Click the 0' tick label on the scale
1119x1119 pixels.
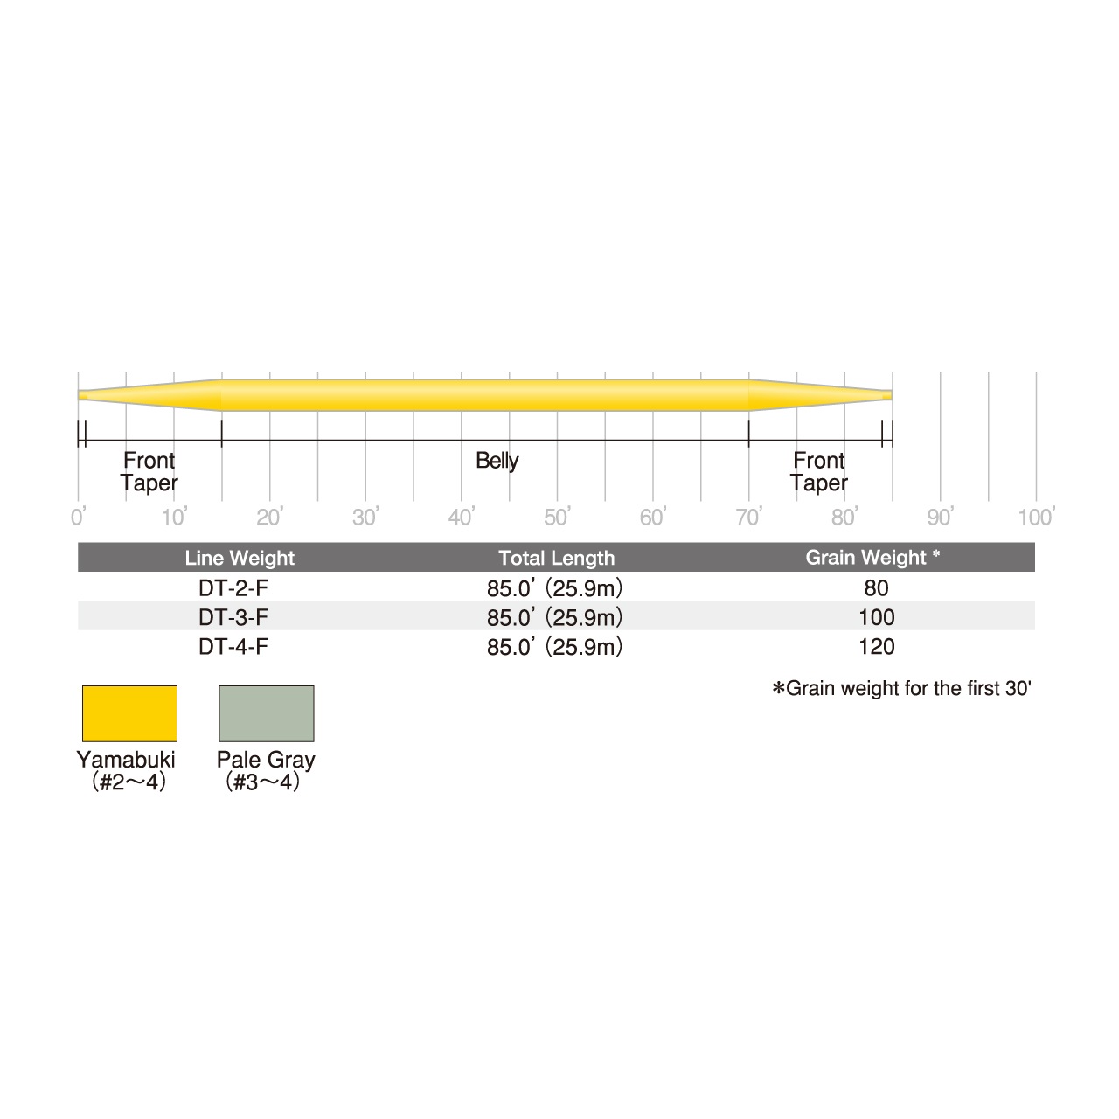click(x=79, y=516)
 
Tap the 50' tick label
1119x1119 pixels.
click(x=558, y=516)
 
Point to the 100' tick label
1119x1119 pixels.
click(x=1037, y=516)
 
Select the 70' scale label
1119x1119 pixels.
click(x=749, y=516)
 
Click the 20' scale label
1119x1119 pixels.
click(x=270, y=516)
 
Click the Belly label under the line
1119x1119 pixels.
click(x=497, y=461)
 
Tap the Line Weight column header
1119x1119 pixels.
click(x=240, y=558)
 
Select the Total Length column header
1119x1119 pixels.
click(x=556, y=558)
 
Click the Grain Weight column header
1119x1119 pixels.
click(x=872, y=558)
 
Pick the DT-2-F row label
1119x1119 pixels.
click(x=233, y=588)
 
